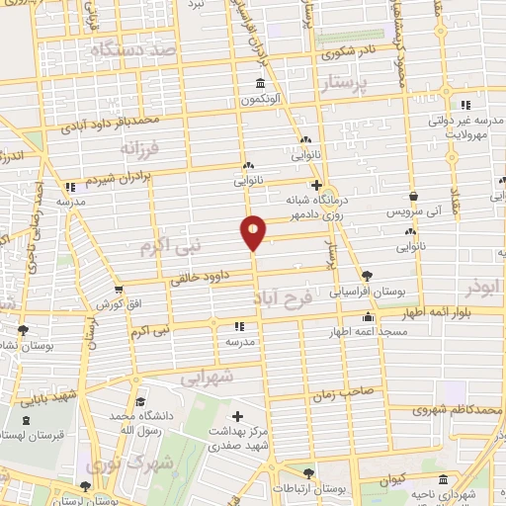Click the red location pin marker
[253, 230]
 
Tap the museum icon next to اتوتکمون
[260, 83]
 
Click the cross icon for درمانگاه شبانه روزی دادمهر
[316, 184]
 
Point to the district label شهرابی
[209, 378]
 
